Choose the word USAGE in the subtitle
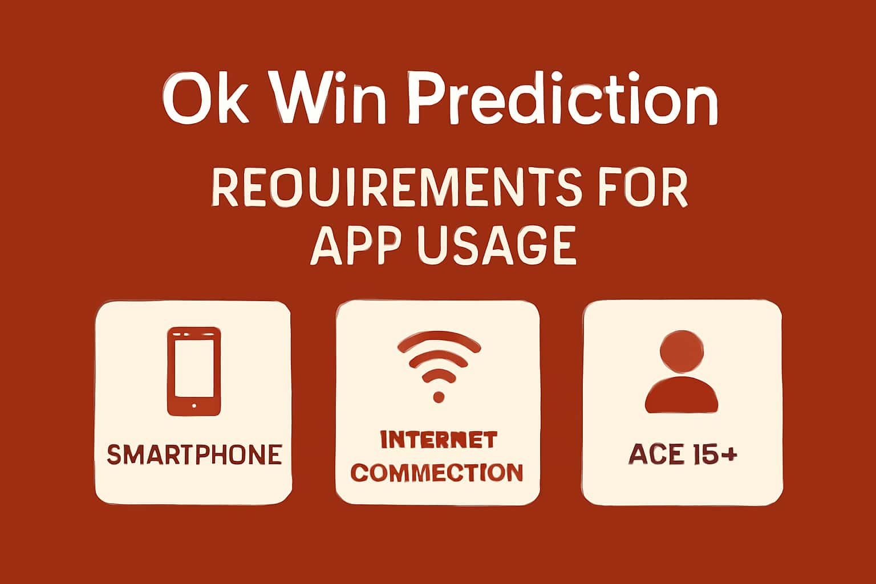pos(496,245)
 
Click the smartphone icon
pos(194,371)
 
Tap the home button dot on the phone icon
pos(194,406)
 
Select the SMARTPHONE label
pos(194,455)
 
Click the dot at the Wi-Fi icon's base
pos(438,396)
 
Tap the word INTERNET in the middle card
pos(438,440)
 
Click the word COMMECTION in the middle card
pos(438,473)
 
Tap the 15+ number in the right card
pos(715,455)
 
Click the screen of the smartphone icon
pos(194,368)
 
